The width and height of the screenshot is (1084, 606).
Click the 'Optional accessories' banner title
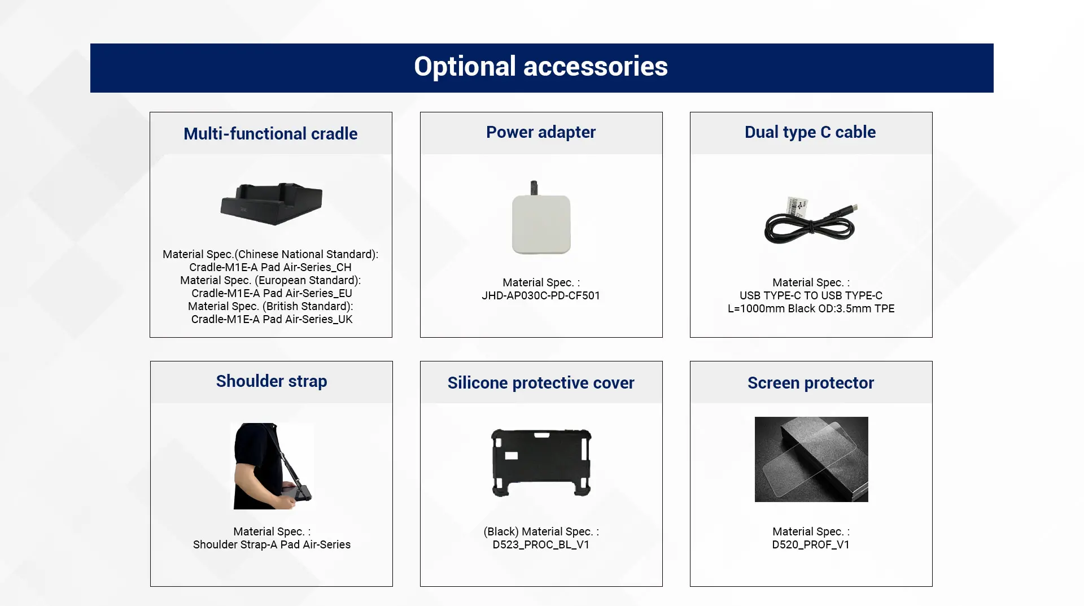[541, 67]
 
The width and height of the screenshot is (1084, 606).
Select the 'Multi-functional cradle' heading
[270, 134]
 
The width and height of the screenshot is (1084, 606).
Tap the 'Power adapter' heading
[541, 132]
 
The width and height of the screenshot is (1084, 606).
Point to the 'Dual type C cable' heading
[810, 132]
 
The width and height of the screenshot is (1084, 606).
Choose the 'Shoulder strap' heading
[272, 381]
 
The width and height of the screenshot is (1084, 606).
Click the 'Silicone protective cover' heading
[541, 383]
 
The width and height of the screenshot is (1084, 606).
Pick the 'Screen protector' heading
[811, 383]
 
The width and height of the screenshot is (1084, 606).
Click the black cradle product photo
[272, 204]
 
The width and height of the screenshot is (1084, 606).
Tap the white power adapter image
[541, 223]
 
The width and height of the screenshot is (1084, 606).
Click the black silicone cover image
[541, 463]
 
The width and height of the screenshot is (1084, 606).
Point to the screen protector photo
[811, 459]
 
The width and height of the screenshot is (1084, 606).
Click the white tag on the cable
[797, 206]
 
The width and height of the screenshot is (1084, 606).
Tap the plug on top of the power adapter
[534, 188]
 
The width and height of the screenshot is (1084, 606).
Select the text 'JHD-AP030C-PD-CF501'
[541, 296]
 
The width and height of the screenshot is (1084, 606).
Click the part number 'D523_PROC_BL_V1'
[541, 545]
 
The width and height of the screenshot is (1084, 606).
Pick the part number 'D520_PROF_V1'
[811, 545]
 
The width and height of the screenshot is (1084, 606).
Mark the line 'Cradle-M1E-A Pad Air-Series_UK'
[272, 320]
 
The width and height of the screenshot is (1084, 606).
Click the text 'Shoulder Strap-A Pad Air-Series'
[272, 545]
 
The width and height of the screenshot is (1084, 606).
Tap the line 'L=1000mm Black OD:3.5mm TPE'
[811, 309]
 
